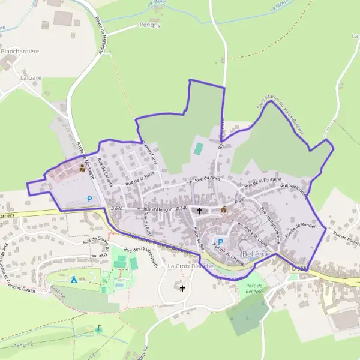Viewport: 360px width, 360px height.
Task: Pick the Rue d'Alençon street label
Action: (158, 209)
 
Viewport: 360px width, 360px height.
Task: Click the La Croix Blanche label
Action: (187, 266)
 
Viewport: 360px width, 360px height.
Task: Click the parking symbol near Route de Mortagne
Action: (90, 199)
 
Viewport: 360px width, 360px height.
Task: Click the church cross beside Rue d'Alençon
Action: (200, 211)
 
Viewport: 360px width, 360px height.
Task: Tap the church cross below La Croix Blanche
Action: (182, 288)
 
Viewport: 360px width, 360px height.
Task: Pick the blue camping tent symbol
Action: (73, 279)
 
